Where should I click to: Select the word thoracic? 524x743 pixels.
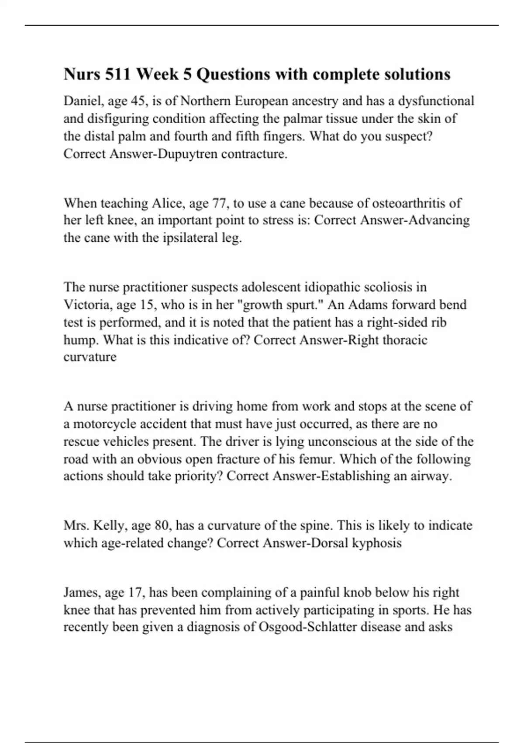pyautogui.click(x=405, y=340)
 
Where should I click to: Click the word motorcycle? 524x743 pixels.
pyautogui.click(x=113, y=424)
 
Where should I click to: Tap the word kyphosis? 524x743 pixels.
pyautogui.click(x=376, y=543)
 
